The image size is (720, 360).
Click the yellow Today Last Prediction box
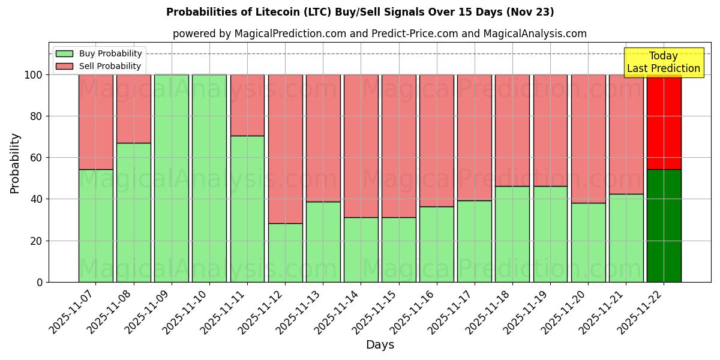663,62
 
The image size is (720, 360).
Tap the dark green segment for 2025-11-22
664,226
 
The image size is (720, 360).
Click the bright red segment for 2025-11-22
664,122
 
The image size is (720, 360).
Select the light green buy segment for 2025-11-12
285,253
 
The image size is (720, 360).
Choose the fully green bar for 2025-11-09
172,178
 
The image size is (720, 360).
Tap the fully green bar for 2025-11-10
209,178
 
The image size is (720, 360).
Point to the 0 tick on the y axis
40,282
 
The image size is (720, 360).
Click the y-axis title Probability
15,163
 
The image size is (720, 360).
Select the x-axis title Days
380,345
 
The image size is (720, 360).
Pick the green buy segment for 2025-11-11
247,209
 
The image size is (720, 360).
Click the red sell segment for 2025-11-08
133,109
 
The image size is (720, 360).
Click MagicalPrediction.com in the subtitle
290,34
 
